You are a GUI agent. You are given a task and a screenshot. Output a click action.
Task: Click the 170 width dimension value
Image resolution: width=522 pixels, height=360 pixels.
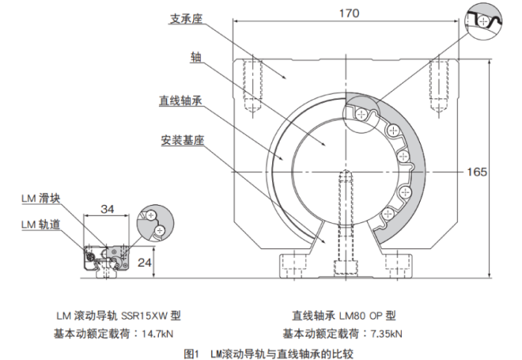(349, 13)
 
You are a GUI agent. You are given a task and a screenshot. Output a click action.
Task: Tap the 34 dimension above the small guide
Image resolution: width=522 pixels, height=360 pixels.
(107, 209)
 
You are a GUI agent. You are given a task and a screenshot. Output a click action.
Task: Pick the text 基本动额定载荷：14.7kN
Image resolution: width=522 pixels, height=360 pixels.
(109, 332)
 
